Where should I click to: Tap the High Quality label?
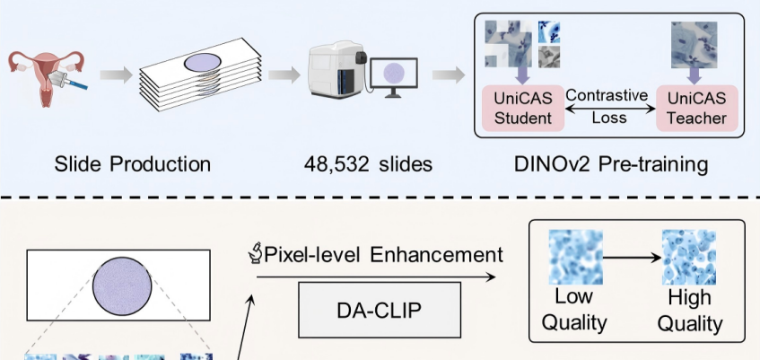(690, 310)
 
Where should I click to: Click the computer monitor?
(392, 75)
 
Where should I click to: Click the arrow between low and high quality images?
(633, 258)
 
